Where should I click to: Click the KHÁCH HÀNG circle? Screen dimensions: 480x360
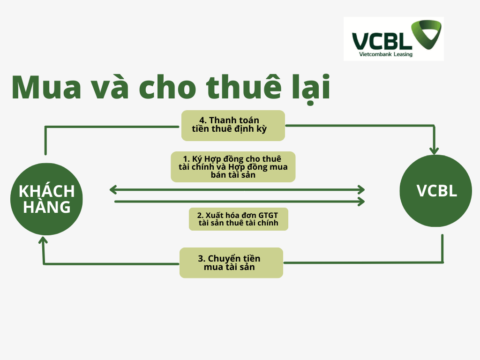(46, 199)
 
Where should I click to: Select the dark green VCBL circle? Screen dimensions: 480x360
(436, 191)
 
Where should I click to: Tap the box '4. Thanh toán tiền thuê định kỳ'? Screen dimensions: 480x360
(233, 126)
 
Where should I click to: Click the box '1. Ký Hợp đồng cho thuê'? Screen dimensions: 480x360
(233, 167)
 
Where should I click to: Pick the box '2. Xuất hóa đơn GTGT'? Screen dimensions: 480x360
(239, 219)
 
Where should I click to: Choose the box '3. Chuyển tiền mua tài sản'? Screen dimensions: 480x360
(231, 262)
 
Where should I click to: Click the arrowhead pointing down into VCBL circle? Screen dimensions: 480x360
(434, 150)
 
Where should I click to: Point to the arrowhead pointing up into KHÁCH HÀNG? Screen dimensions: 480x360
(43, 240)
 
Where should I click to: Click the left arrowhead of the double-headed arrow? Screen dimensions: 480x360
(113, 190)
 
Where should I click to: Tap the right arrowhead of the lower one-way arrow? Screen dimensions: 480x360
(361, 202)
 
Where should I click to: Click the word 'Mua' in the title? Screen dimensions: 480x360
(46, 88)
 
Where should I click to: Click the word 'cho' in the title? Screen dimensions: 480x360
(167, 87)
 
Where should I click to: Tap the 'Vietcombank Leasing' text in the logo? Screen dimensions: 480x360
(386, 54)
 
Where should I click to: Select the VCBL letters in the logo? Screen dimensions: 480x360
(382, 41)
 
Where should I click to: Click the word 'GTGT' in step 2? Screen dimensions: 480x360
(268, 215)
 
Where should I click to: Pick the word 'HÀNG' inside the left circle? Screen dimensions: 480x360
(47, 207)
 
